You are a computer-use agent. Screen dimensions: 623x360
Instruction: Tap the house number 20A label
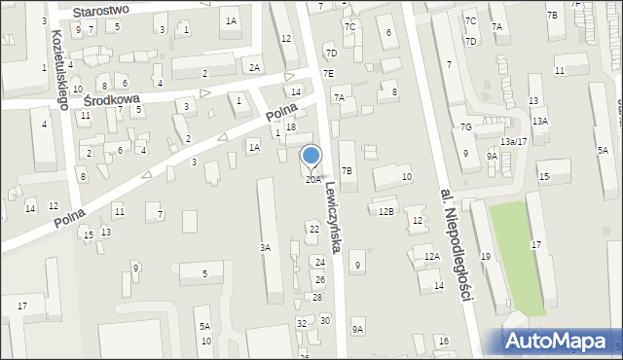312,179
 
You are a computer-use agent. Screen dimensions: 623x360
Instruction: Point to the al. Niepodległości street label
456,242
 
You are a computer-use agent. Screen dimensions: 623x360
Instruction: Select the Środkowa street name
112,100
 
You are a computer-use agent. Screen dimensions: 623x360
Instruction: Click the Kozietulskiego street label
56,67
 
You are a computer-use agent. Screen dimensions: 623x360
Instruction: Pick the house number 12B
386,211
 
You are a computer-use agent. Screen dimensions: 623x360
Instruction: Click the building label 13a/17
513,142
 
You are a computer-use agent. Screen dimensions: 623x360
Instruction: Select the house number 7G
466,127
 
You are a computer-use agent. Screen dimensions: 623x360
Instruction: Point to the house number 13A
539,121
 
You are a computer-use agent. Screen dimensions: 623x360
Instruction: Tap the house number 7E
328,73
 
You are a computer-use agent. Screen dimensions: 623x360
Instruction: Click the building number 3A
264,248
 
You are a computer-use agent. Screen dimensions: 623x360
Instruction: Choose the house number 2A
253,67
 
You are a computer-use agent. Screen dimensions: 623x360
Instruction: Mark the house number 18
290,127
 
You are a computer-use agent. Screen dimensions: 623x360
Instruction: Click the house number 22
313,229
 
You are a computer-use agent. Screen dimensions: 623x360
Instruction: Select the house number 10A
204,341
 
